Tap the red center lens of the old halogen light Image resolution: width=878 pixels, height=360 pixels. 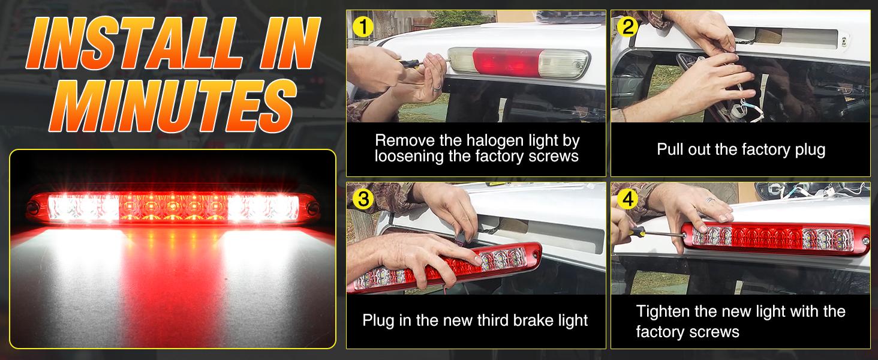pos(506,62)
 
